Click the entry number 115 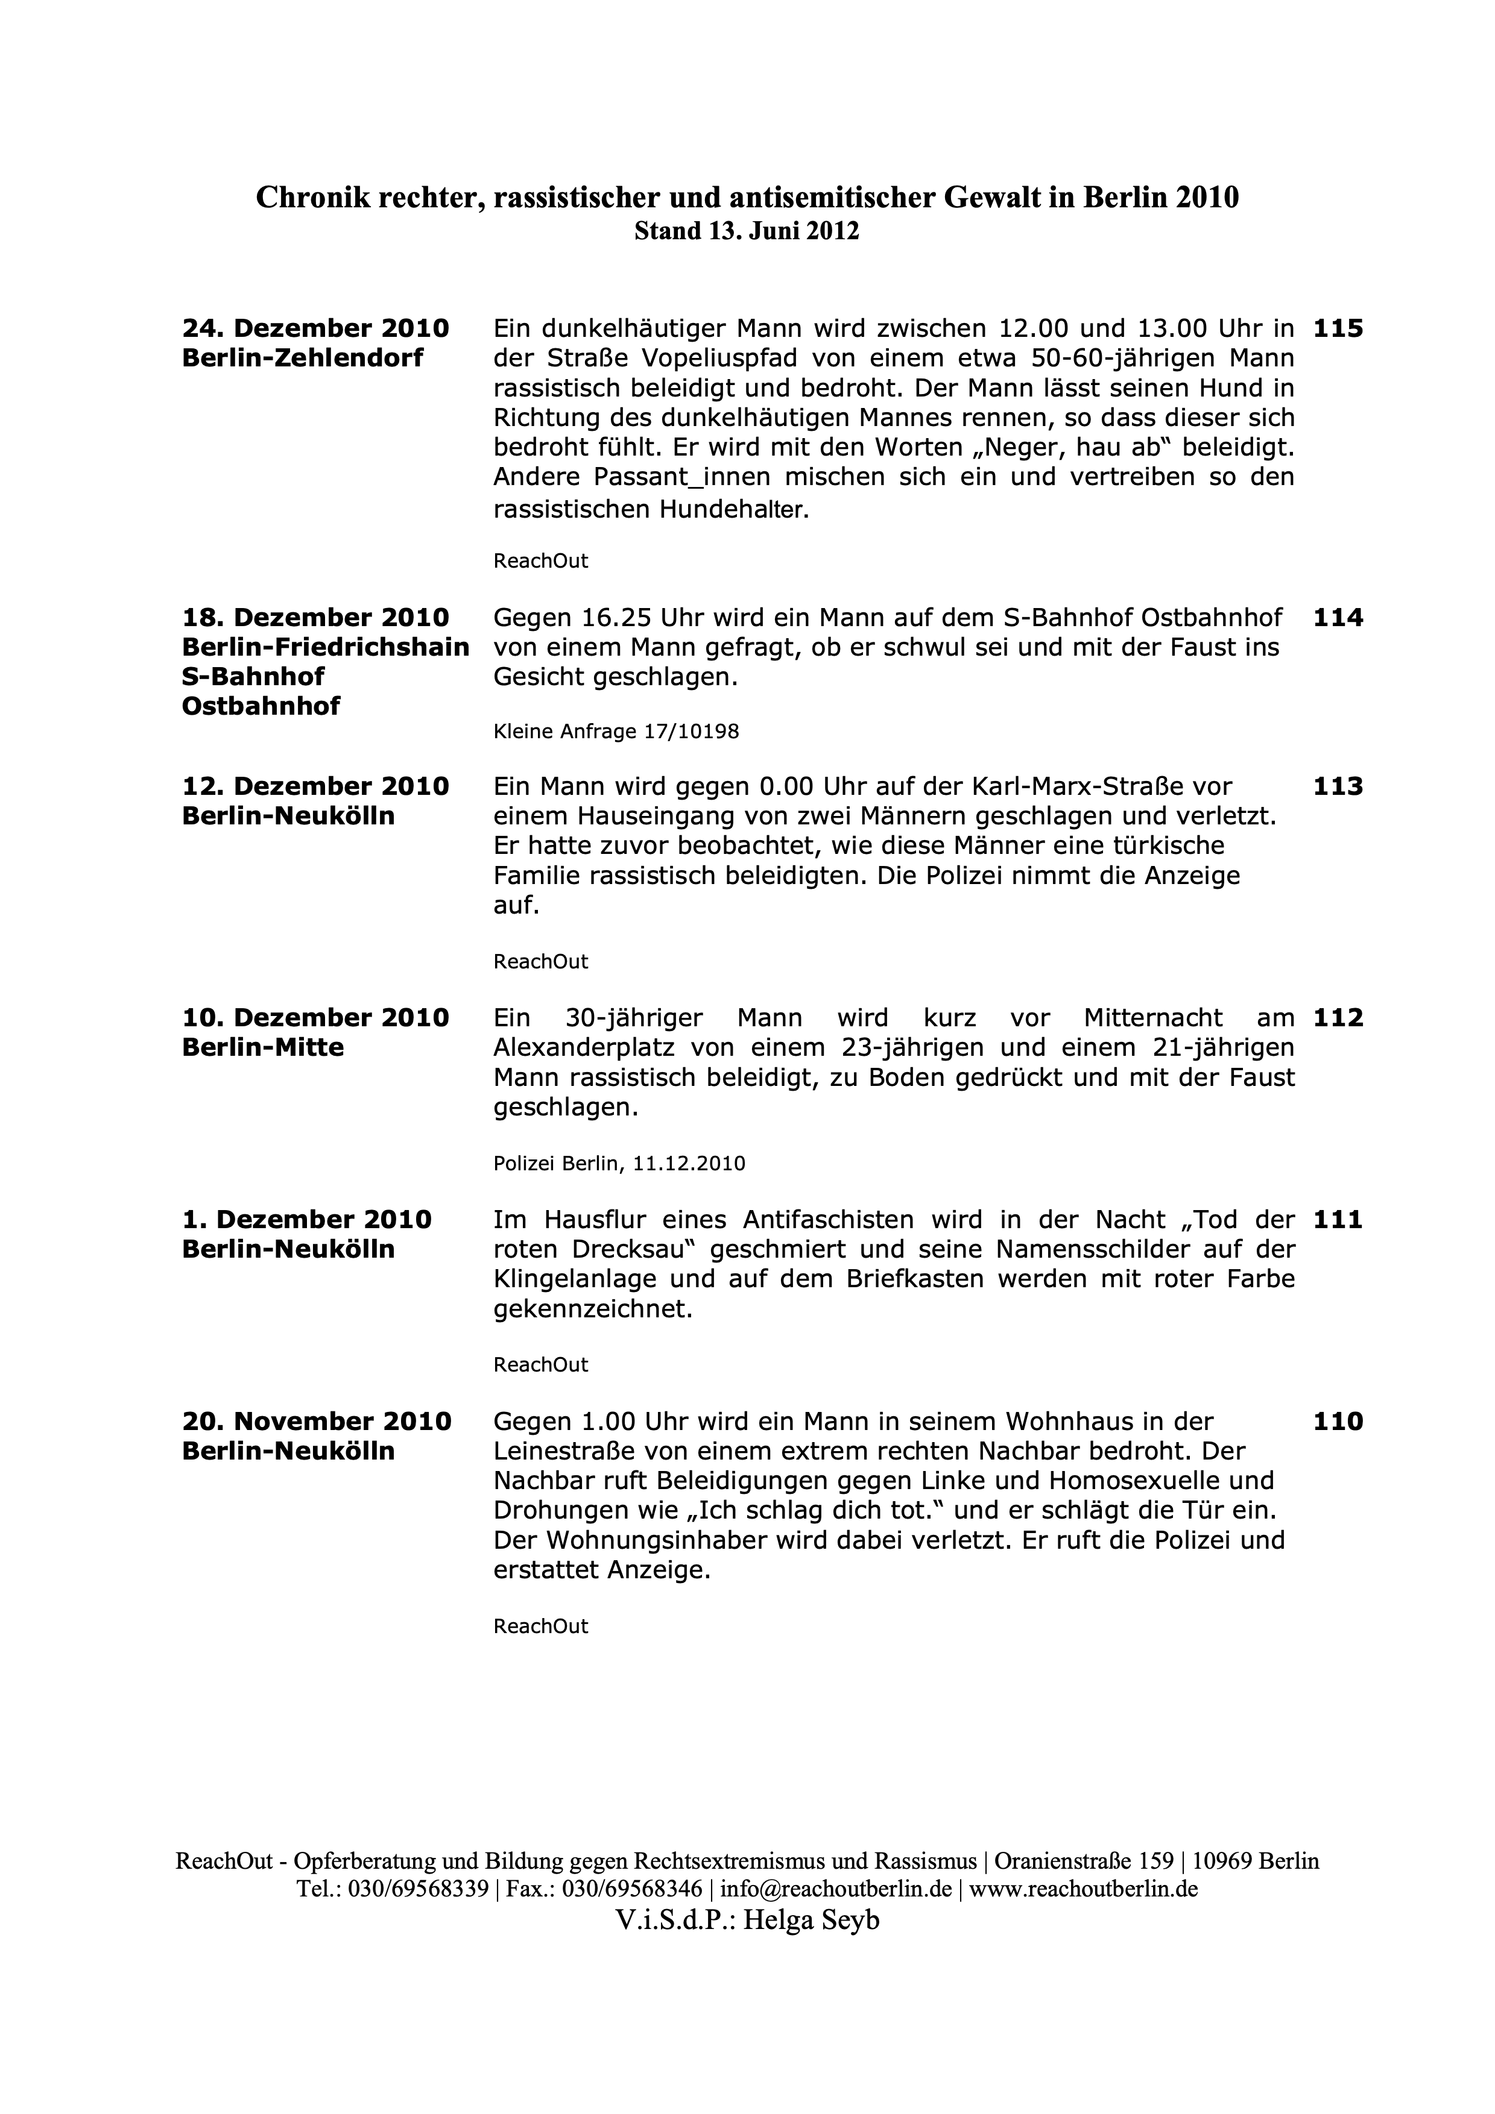[1338, 328]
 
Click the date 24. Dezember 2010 [316, 328]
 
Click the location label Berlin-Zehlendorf [303, 358]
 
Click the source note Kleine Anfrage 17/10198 [616, 732]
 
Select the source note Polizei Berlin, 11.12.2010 [619, 1164]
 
